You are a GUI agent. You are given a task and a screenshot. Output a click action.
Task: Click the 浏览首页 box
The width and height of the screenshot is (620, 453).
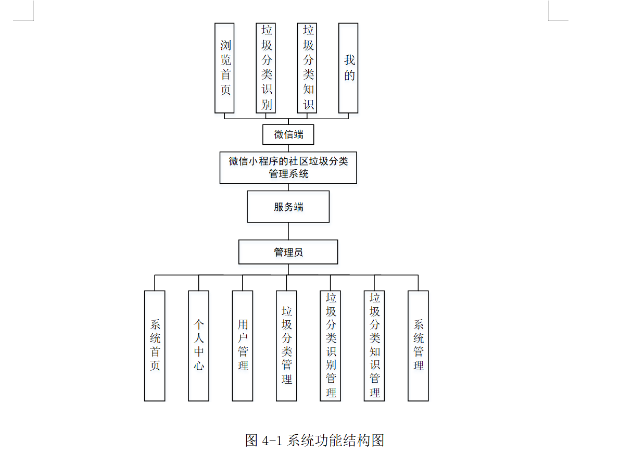(224, 68)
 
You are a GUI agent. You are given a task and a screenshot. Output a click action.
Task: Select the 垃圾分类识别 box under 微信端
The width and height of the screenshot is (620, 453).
(265, 68)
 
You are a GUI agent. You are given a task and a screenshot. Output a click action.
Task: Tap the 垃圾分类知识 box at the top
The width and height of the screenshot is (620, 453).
(307, 68)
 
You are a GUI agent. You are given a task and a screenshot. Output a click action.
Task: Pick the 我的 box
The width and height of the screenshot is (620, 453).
(348, 68)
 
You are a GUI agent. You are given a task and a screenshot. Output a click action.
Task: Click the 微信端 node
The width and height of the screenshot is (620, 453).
(288, 134)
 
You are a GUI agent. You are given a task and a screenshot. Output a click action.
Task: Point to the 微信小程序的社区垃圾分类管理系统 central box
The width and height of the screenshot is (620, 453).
(288, 167)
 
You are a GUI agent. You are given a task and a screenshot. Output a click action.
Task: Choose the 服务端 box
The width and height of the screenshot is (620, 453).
(288, 207)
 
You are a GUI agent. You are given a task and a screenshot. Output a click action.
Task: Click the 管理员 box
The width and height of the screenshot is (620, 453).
(288, 252)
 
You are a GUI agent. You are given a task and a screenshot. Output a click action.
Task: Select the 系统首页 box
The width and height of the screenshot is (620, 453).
(155, 346)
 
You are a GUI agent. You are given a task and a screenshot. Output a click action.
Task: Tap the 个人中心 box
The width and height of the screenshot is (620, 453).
(198, 346)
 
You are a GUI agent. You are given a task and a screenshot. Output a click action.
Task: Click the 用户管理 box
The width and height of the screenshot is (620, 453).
(243, 346)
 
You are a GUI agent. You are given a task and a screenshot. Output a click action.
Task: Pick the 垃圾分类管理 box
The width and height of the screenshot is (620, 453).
(286, 346)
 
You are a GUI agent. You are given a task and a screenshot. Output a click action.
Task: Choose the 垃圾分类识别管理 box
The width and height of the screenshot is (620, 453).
(331, 346)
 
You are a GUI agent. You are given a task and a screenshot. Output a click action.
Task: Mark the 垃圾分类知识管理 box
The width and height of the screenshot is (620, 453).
(374, 346)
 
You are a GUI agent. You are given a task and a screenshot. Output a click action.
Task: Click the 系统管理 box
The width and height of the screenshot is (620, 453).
(418, 346)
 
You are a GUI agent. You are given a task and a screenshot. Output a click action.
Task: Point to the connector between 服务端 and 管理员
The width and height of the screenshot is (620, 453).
(288, 231)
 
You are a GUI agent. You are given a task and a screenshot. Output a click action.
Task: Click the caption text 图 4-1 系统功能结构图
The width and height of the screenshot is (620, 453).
(314, 441)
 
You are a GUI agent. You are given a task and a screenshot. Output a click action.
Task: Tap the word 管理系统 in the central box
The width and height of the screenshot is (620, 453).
(288, 174)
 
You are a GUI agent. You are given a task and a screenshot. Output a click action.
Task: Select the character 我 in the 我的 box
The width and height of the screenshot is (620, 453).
(349, 60)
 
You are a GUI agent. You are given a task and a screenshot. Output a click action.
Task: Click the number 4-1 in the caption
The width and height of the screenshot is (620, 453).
(271, 441)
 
